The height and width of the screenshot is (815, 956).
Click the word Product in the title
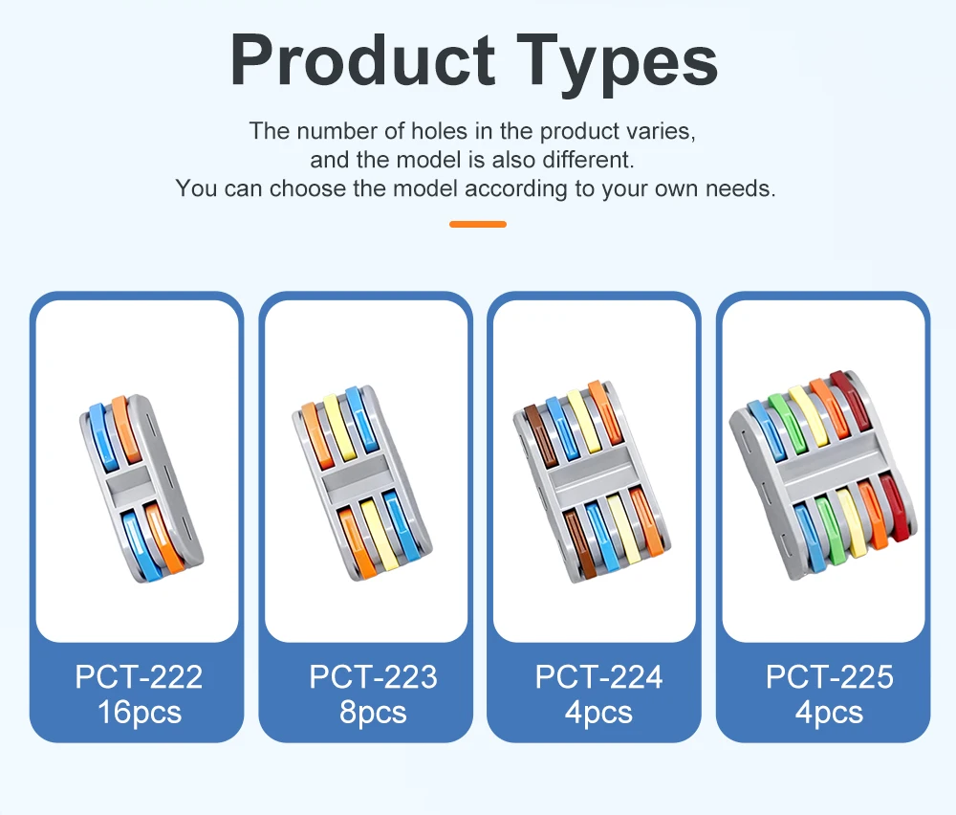coord(362,59)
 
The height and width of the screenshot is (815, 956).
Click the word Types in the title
coord(618,64)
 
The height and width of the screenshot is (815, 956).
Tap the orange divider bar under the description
coord(478,225)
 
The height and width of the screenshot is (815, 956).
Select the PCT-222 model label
coord(139,676)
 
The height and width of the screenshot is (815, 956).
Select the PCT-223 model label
coord(373,676)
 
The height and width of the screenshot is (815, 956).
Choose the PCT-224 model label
coord(598,676)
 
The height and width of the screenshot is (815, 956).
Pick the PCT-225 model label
coord(829,676)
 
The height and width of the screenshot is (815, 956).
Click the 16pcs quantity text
coord(140,713)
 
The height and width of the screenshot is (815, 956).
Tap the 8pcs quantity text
coord(373,713)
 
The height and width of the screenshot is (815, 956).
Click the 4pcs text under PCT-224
coord(598,713)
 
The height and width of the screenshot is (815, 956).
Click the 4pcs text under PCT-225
coord(829,713)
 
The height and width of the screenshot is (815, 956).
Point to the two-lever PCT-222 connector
coord(141,489)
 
